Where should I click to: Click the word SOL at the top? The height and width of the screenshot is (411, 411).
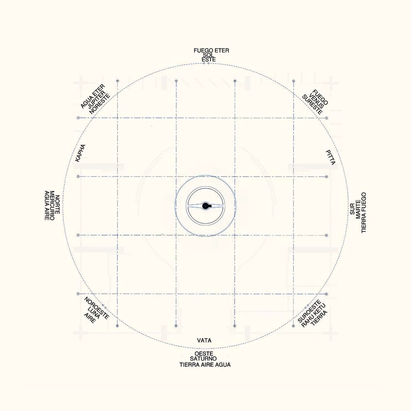[208, 55]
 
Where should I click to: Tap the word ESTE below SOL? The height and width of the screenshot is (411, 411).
[209, 59]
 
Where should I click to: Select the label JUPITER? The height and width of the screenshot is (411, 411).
[97, 100]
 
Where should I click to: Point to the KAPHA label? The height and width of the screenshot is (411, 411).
[80, 153]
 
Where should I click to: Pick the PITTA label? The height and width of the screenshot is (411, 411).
[331, 157]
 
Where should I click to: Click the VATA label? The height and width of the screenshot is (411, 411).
[204, 341]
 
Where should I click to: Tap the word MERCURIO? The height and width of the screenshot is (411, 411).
[52, 205]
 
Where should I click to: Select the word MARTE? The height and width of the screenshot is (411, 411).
[358, 209]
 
